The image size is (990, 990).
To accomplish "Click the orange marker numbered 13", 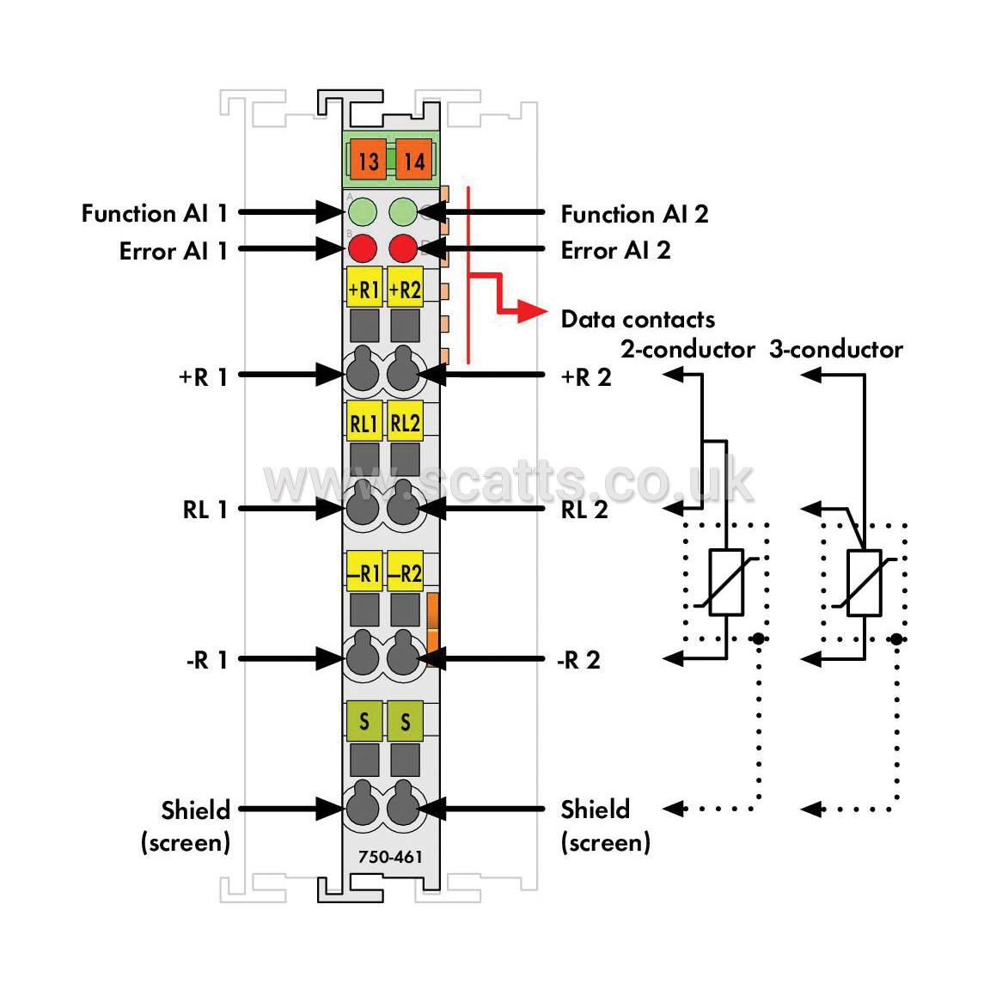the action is click(368, 161).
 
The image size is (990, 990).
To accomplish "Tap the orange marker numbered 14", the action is click(414, 161).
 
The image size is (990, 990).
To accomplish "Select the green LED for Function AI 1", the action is click(363, 211).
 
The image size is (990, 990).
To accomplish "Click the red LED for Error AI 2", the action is click(403, 248).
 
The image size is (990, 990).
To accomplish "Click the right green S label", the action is click(406, 721).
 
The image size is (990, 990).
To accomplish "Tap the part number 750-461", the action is click(390, 857).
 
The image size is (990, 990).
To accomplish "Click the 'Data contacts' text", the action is click(638, 320).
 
